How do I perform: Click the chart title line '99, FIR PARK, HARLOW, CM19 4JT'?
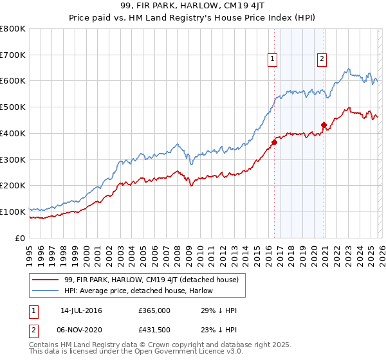point(192,7)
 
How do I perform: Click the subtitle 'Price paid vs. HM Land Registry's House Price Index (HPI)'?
point(192,19)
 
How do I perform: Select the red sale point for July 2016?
point(274,143)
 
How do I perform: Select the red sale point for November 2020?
point(324,125)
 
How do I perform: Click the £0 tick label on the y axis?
point(21,238)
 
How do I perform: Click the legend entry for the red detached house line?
point(151,280)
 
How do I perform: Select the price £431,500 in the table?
point(154,330)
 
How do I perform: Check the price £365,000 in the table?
point(154,310)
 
